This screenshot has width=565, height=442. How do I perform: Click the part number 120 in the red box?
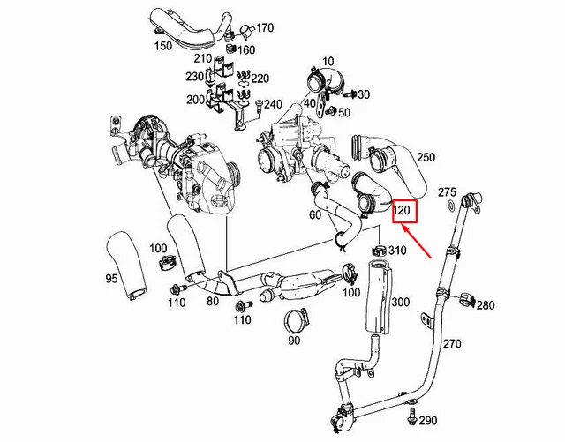[403, 212]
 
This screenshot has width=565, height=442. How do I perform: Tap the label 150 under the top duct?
[163, 45]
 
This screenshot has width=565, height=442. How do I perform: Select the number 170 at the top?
[265, 29]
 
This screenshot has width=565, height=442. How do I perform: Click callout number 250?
[426, 157]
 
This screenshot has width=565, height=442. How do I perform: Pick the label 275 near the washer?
[448, 191]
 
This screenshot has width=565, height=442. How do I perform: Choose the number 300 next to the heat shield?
[400, 303]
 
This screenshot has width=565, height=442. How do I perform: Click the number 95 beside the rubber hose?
[111, 278]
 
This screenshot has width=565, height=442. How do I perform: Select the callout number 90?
[293, 340]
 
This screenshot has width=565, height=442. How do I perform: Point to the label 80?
[212, 301]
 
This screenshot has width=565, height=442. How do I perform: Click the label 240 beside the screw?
[272, 103]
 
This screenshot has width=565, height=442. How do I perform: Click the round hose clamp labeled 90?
[298, 318]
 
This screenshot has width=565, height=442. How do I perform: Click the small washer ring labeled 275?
[450, 206]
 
